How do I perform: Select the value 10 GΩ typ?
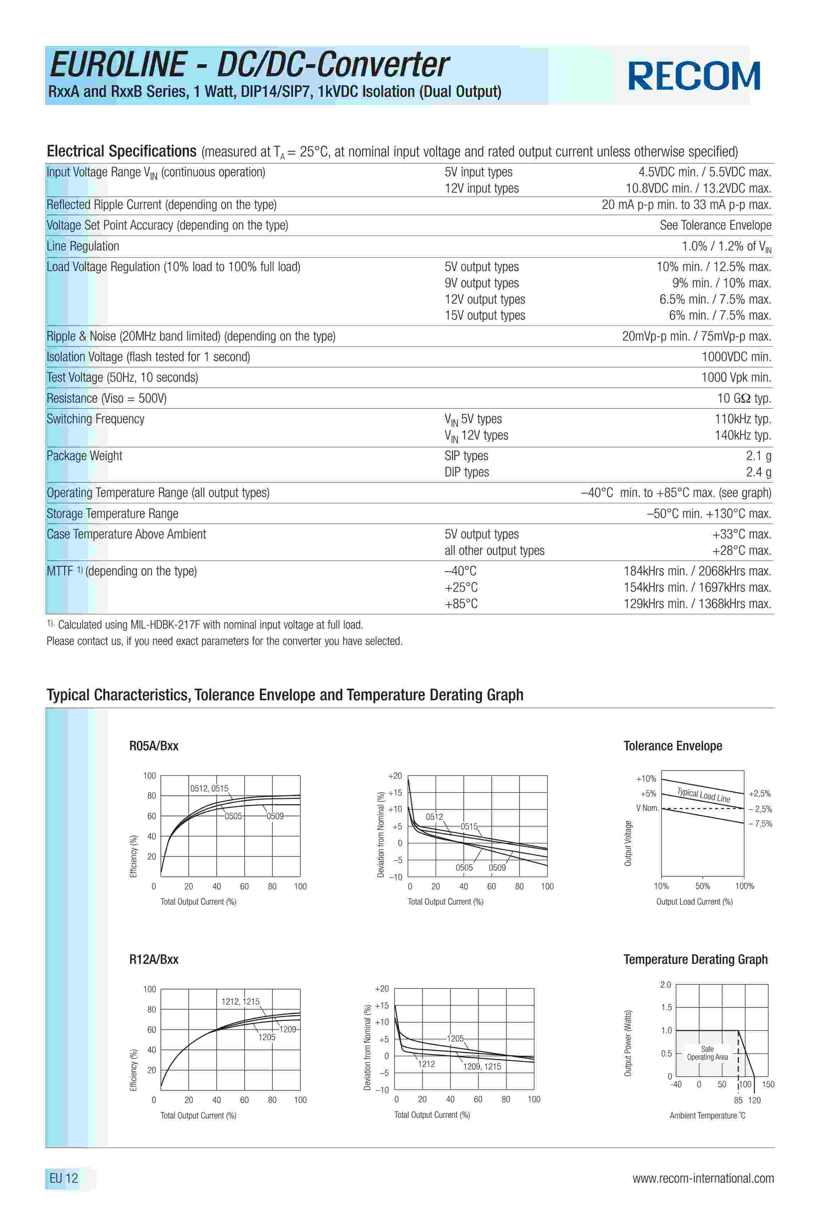pyautogui.click(x=744, y=398)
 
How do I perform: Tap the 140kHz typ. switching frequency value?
pyautogui.click(x=743, y=436)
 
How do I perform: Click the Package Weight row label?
pyautogui.click(x=84, y=456)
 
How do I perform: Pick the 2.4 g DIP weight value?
pyautogui.click(x=758, y=472)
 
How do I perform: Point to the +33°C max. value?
pyautogui.click(x=741, y=534)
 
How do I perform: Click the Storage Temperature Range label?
pyautogui.click(x=113, y=514)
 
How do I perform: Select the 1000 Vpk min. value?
pyautogui.click(x=736, y=377)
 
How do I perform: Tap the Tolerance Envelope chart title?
pyautogui.click(x=673, y=746)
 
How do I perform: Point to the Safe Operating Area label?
pyautogui.click(x=707, y=1053)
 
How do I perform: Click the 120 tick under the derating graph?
pyautogui.click(x=754, y=1100)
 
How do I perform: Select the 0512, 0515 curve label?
pyautogui.click(x=209, y=788)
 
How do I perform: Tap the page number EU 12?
pyautogui.click(x=64, y=1178)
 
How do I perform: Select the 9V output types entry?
pyautogui.click(x=482, y=283)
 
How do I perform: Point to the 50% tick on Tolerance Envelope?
pyautogui.click(x=702, y=886)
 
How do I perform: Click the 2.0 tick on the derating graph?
pyautogui.click(x=665, y=984)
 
